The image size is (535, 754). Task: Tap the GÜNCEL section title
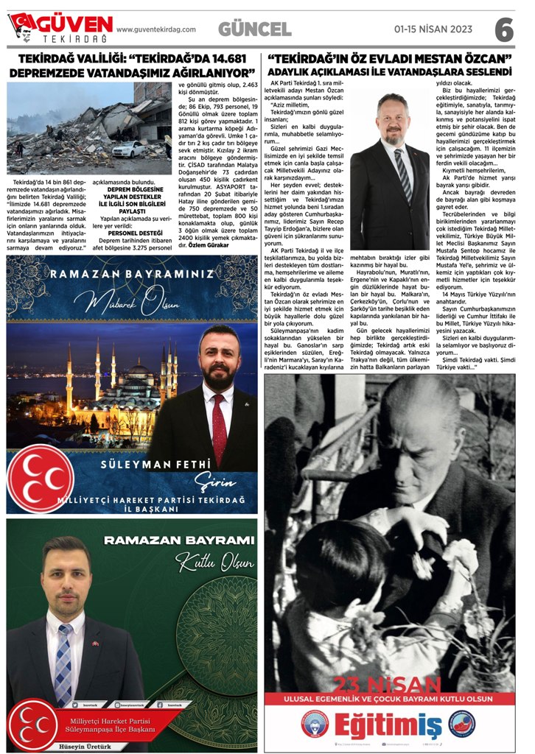coord(254,29)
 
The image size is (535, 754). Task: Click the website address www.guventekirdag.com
coord(156,29)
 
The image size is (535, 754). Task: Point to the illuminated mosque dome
coord(138,370)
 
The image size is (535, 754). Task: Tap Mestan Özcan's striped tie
coord(402,174)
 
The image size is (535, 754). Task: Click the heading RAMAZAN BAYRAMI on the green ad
coord(179,541)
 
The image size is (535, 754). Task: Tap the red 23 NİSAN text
coord(389,684)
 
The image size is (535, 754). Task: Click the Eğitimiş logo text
coord(390,726)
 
